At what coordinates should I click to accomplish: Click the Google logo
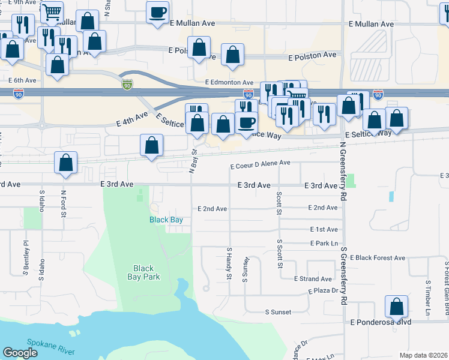tap(20, 353)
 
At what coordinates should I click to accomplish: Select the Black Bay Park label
tap(143, 272)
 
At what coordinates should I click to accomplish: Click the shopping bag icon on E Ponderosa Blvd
tap(396, 307)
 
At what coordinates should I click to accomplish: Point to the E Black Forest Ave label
tap(381, 257)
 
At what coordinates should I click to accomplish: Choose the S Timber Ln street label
tap(428, 298)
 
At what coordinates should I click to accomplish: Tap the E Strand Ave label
tap(313, 279)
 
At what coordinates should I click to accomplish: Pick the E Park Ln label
tap(326, 243)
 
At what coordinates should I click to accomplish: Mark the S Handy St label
tap(229, 263)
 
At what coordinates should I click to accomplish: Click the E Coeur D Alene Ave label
tap(261, 163)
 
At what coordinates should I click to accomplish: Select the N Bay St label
tap(193, 160)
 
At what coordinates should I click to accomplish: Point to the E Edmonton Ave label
tap(229, 82)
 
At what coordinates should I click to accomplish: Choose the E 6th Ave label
tap(23, 80)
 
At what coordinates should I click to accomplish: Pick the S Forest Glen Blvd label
tap(446, 282)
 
